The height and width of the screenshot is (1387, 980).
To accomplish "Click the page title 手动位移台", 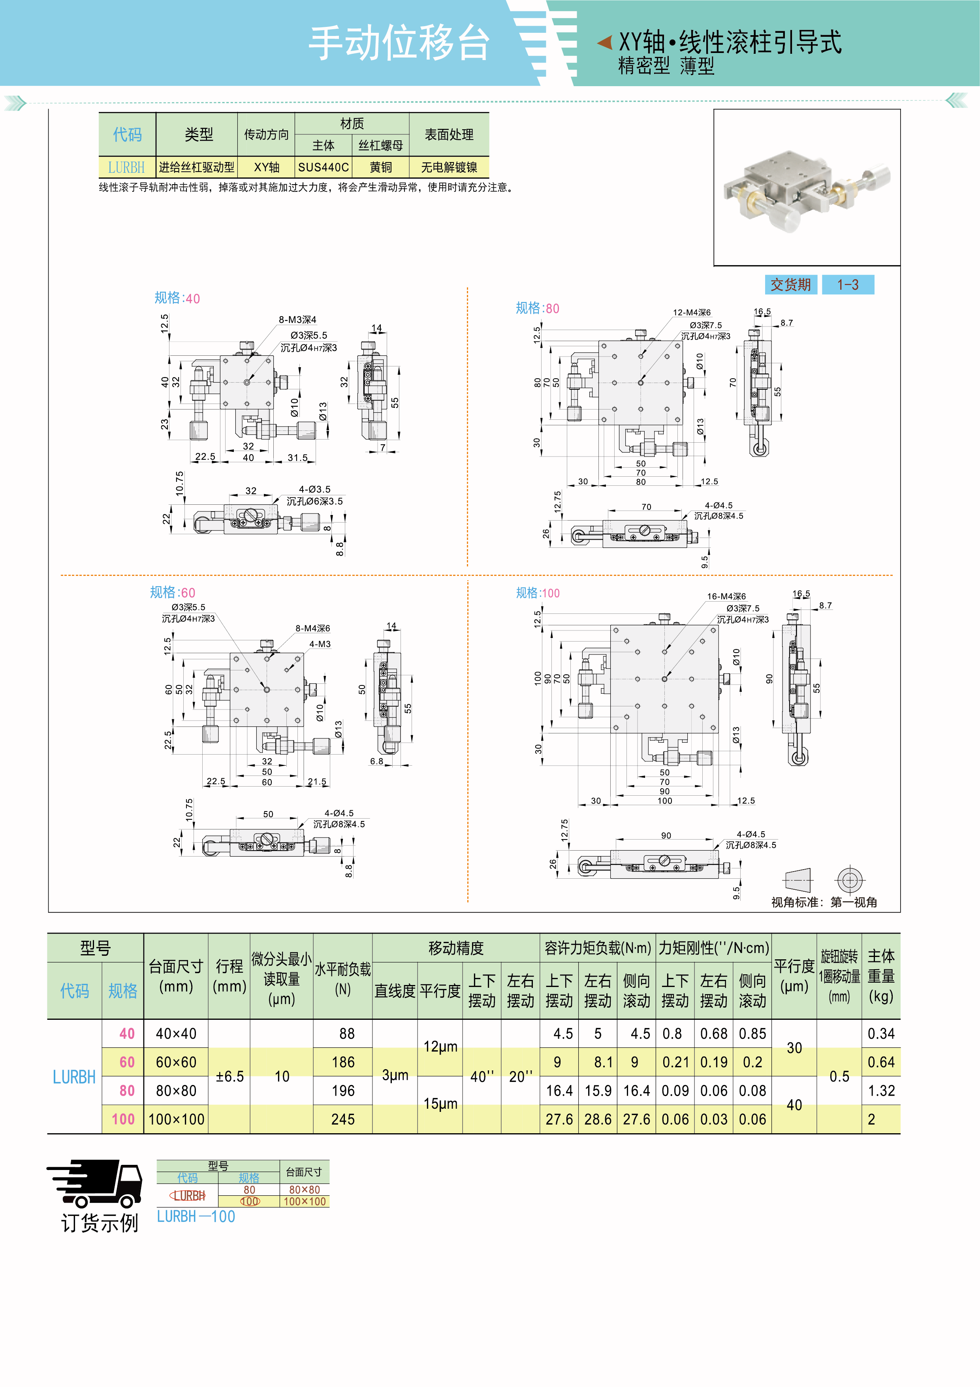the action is point(399,43).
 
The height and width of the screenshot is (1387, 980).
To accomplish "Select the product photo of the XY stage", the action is point(807,187).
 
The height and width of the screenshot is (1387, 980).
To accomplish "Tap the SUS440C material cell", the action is point(323,167).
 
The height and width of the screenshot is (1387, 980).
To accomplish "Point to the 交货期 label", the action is point(790,285).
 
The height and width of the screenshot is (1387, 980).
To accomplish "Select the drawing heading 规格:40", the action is point(177,298).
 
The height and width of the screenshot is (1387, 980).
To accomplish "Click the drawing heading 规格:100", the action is point(537,593).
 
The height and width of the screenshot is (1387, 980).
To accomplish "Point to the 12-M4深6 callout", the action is point(691,312).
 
